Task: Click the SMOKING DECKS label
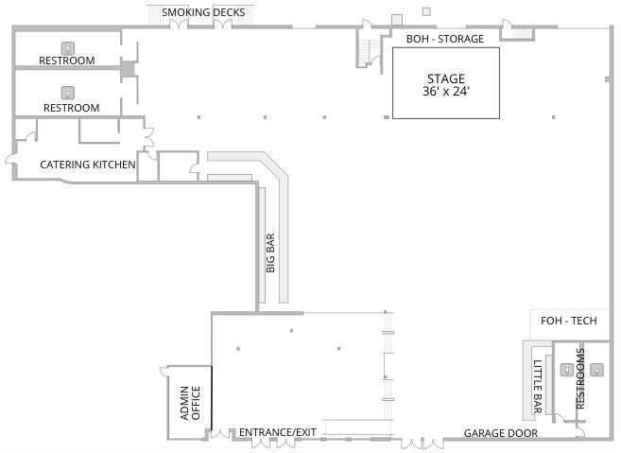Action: (203, 12)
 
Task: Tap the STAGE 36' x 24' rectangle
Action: (446, 83)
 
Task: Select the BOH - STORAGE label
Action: (445, 39)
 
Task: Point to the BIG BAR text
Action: (270, 253)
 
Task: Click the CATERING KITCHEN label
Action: (88, 165)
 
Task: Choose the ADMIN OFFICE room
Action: (190, 402)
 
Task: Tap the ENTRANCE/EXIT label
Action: (278, 432)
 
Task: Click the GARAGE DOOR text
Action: (501, 433)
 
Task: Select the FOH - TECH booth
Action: (569, 324)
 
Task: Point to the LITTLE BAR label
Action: (537, 387)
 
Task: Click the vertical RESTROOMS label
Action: (580, 378)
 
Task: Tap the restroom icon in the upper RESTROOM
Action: (68, 48)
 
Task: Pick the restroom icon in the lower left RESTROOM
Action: (68, 93)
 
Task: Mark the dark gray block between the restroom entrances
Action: (128, 69)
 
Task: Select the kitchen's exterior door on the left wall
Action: (10, 159)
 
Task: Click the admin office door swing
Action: (164, 372)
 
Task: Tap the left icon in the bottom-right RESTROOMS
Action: (567, 370)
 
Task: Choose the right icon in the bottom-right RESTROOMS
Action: (596, 370)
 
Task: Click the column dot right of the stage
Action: (553, 117)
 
